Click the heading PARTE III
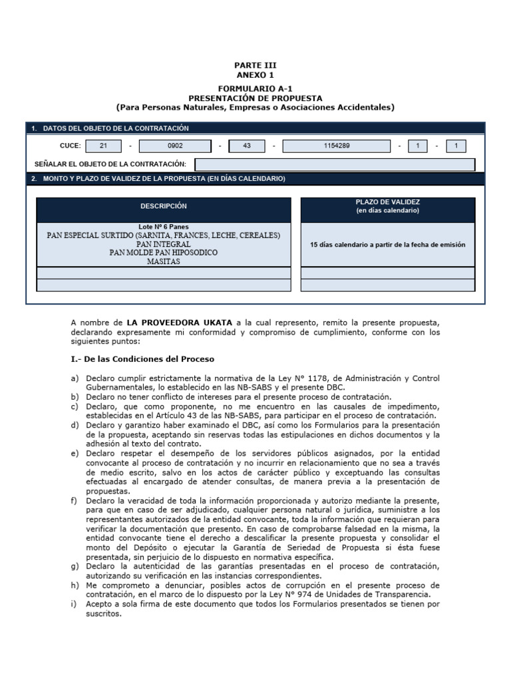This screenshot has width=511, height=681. pyautogui.click(x=255, y=65)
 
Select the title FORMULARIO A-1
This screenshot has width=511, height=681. pyautogui.click(x=255, y=88)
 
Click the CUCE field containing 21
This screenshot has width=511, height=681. pyautogui.click(x=103, y=146)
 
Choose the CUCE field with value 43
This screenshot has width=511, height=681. pyautogui.click(x=247, y=146)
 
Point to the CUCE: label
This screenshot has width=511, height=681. pyautogui.click(x=71, y=146)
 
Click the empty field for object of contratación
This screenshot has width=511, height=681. pyautogui.click(x=335, y=164)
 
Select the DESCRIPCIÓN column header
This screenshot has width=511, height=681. pyautogui.click(x=163, y=206)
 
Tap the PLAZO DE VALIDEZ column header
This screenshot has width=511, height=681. pyautogui.click(x=388, y=206)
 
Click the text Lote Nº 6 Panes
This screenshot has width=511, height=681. pyautogui.click(x=164, y=227)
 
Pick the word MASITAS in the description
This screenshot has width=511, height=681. pyautogui.click(x=164, y=261)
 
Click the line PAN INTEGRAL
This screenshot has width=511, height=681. pyautogui.click(x=164, y=244)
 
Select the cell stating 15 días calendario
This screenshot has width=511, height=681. pyautogui.click(x=388, y=245)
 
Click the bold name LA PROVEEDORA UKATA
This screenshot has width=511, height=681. pyautogui.click(x=180, y=322)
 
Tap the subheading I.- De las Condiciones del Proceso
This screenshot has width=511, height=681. pyautogui.click(x=142, y=359)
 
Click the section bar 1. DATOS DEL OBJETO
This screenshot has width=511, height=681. pyautogui.click(x=116, y=128)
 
